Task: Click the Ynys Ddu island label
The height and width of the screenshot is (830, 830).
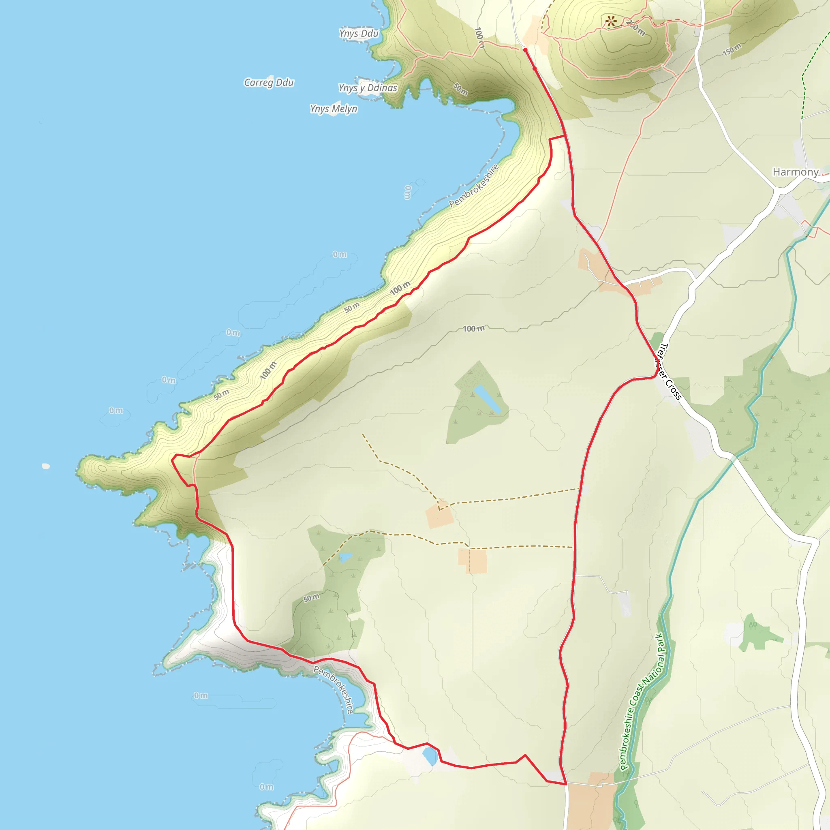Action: click(359, 34)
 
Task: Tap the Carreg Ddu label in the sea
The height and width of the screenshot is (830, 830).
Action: click(269, 83)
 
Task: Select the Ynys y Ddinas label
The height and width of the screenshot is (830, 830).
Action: click(368, 88)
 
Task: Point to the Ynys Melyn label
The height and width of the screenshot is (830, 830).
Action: click(334, 109)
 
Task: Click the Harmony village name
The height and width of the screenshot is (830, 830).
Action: click(796, 172)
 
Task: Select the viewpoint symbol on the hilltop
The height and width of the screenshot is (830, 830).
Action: click(610, 21)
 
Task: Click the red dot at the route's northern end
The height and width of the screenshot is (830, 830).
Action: click(525, 50)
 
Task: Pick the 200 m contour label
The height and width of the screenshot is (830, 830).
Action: click(635, 28)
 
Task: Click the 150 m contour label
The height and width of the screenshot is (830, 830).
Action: click(732, 50)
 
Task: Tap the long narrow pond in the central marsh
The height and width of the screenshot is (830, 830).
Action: click(487, 399)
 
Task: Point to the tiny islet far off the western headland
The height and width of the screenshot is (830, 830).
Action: click(45, 466)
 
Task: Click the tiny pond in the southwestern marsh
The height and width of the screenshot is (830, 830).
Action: click(345, 558)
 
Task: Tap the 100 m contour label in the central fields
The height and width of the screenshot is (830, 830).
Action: click(473, 329)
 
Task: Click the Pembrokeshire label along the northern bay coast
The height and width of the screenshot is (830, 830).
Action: click(474, 186)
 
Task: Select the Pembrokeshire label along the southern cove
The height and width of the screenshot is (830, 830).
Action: click(334, 689)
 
